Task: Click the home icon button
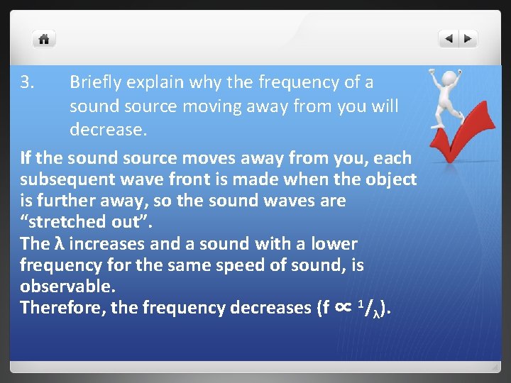(x=44, y=39)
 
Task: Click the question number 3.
(x=27, y=82)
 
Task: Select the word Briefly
(x=94, y=82)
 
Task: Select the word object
(x=391, y=179)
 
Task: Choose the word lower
(x=334, y=244)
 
